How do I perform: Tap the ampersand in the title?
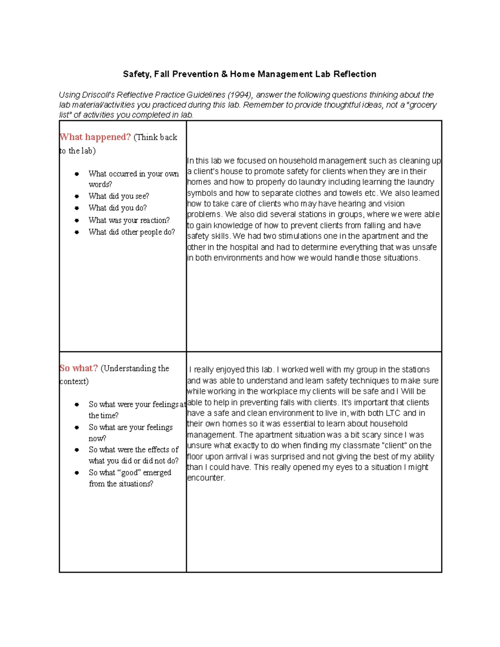[224, 74]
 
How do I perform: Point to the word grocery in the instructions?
[422, 105]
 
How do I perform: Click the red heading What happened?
[95, 137]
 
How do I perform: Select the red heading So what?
[78, 368]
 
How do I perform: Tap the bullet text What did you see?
[119, 196]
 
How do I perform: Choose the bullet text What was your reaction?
[129, 220]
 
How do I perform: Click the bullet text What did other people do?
[132, 232]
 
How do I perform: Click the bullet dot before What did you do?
[77, 208]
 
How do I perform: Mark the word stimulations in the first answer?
[302, 236]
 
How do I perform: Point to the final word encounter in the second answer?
[206, 478]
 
